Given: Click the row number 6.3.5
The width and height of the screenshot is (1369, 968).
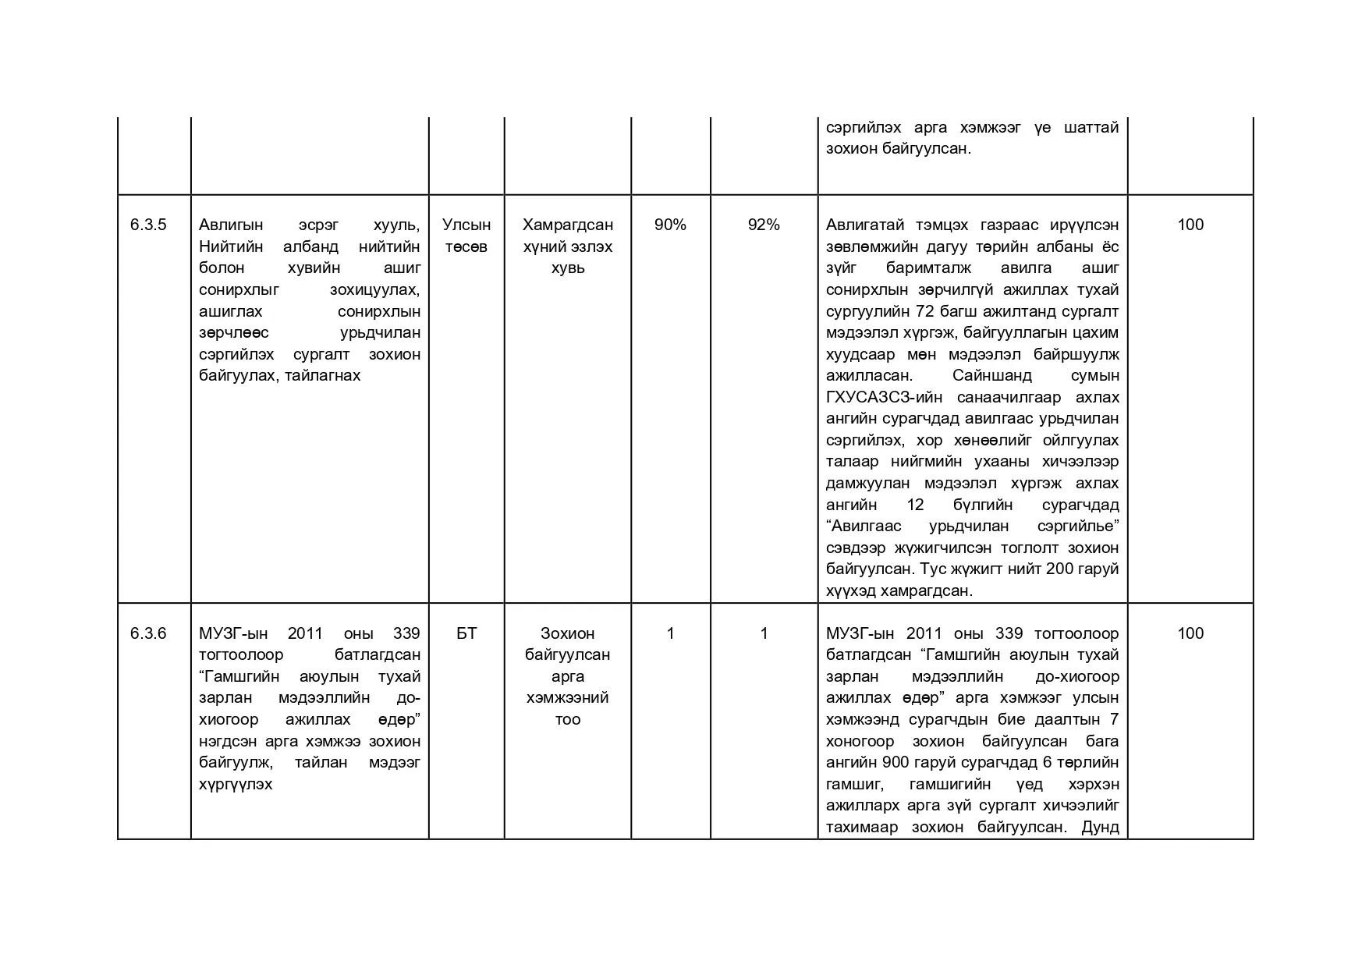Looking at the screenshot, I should coord(148,225).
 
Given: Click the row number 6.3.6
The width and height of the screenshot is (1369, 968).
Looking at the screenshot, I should coord(148,633).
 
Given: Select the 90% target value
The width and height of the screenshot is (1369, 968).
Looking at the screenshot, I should coord(670,225).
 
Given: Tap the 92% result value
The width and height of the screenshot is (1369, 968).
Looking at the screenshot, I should coord(764,225).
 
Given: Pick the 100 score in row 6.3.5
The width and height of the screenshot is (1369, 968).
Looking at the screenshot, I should coord(1190,225).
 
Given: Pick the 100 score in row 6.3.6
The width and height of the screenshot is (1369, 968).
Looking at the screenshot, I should coord(1190,633).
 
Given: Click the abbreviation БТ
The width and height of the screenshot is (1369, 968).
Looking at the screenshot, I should coord(466,633).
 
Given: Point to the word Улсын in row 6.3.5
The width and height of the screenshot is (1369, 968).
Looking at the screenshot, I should coord(466,225).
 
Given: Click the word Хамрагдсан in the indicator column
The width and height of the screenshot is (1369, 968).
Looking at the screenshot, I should coord(568,225).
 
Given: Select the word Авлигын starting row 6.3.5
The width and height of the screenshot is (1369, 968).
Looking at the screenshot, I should coord(231,225).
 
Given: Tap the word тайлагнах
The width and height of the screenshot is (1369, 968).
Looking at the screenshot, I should coord(323,376).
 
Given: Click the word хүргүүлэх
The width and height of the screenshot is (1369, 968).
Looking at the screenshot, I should coord(236,785).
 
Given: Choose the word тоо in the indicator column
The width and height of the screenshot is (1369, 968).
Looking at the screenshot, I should coord(568,720).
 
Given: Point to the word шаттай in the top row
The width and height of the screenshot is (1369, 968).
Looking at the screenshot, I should coord(1091,127).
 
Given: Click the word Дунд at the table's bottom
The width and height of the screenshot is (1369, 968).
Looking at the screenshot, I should coord(1100,828).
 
